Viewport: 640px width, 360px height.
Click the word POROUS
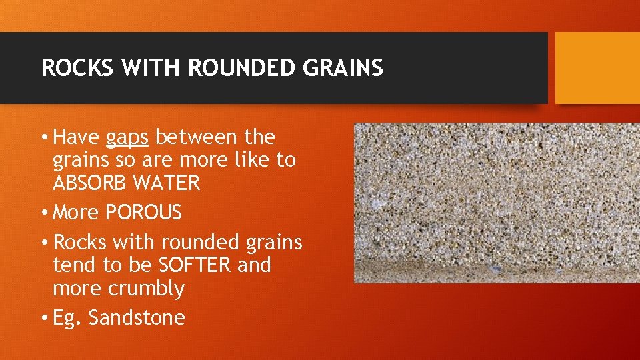point(143,213)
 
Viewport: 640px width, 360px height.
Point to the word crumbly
point(150,289)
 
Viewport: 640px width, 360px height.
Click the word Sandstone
point(137,318)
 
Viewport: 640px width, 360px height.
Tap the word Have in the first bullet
point(77,137)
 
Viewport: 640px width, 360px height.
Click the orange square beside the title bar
point(597,68)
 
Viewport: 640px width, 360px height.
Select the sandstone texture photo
point(496,203)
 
